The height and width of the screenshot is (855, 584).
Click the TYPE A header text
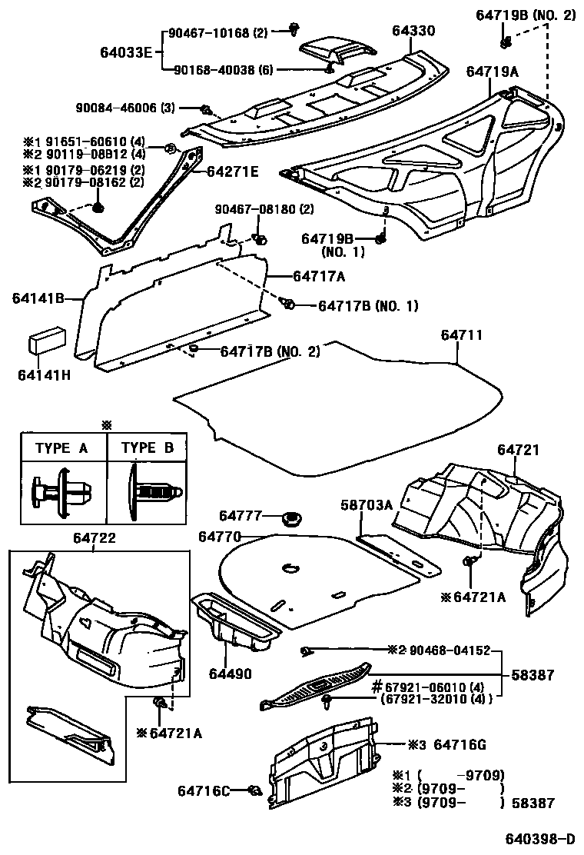point(61,448)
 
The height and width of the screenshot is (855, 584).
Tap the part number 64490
point(227,674)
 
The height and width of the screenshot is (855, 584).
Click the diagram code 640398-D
point(539,837)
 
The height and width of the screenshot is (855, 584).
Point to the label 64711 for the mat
point(462,335)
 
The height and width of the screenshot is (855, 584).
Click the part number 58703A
point(367,504)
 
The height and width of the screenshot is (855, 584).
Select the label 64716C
point(204,790)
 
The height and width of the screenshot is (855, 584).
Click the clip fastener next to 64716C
point(254,790)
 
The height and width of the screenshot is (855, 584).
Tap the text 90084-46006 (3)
point(125,108)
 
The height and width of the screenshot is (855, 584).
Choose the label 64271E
point(231,171)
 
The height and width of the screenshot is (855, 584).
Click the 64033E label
point(126,52)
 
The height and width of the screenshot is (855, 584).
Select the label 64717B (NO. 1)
point(368,306)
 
